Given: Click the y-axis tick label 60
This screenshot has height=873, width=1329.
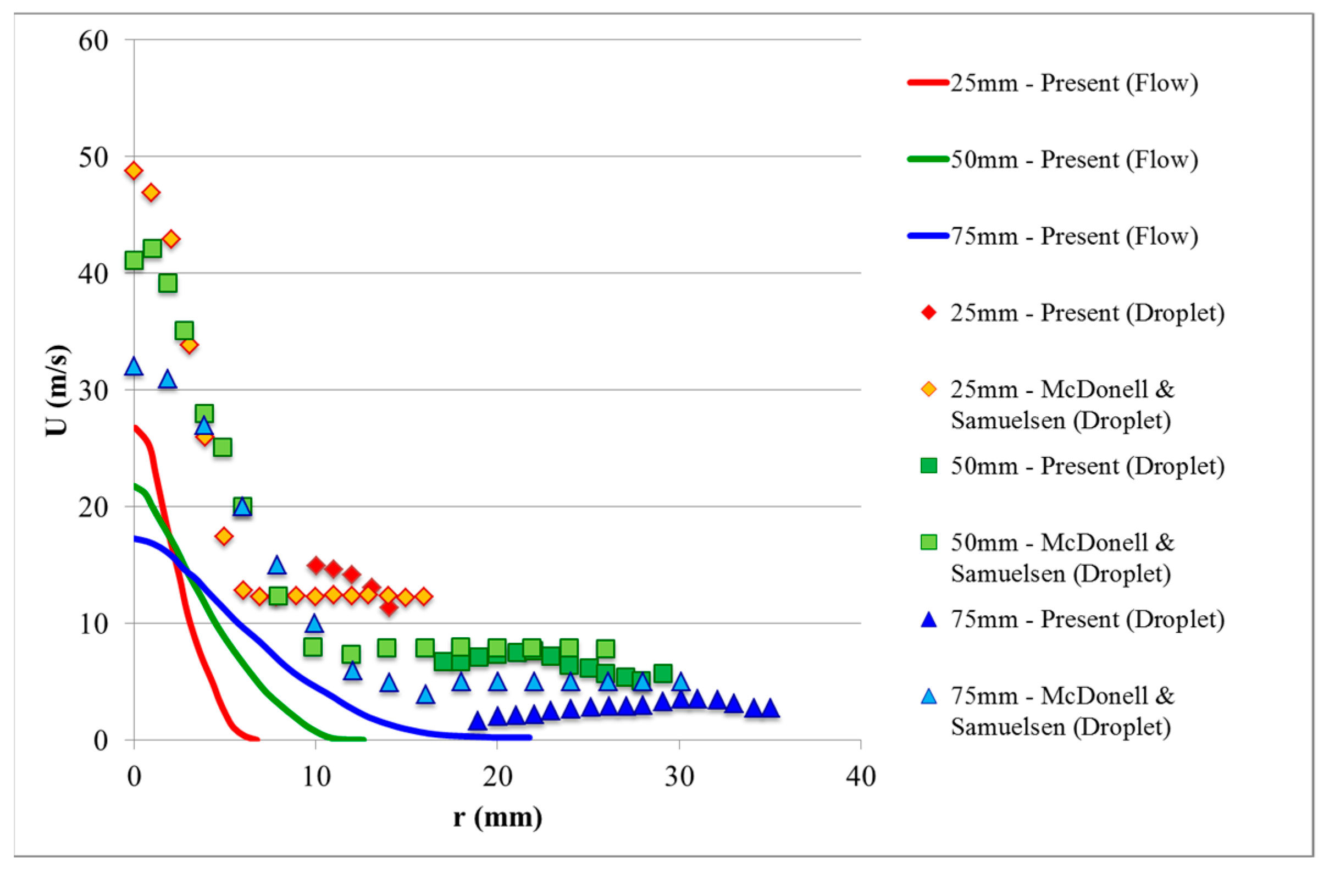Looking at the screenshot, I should click(93, 41).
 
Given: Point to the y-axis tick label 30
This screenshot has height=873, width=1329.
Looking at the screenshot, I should click(93, 390).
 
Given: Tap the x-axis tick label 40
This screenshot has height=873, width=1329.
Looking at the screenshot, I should click(861, 776).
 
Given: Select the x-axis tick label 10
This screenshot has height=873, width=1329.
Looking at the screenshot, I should click(316, 776).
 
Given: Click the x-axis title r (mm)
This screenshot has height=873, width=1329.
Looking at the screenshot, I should click(497, 817).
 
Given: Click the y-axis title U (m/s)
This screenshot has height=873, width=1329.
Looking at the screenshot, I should click(57, 390).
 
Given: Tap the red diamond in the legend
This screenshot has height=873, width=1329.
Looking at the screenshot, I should click(929, 313).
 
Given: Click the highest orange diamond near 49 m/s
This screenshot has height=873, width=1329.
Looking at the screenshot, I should click(134, 170).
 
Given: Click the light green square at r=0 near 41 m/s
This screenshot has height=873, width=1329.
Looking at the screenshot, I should click(134, 260).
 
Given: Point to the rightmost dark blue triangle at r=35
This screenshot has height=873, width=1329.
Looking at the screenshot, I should click(770, 708).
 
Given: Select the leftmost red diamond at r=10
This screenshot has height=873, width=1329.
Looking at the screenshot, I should click(316, 565).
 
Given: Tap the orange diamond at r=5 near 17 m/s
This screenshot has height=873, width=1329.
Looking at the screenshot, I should click(224, 536).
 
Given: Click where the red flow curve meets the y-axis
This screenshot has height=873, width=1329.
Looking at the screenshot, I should click(135, 427).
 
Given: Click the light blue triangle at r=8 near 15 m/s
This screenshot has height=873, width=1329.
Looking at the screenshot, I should click(277, 566).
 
